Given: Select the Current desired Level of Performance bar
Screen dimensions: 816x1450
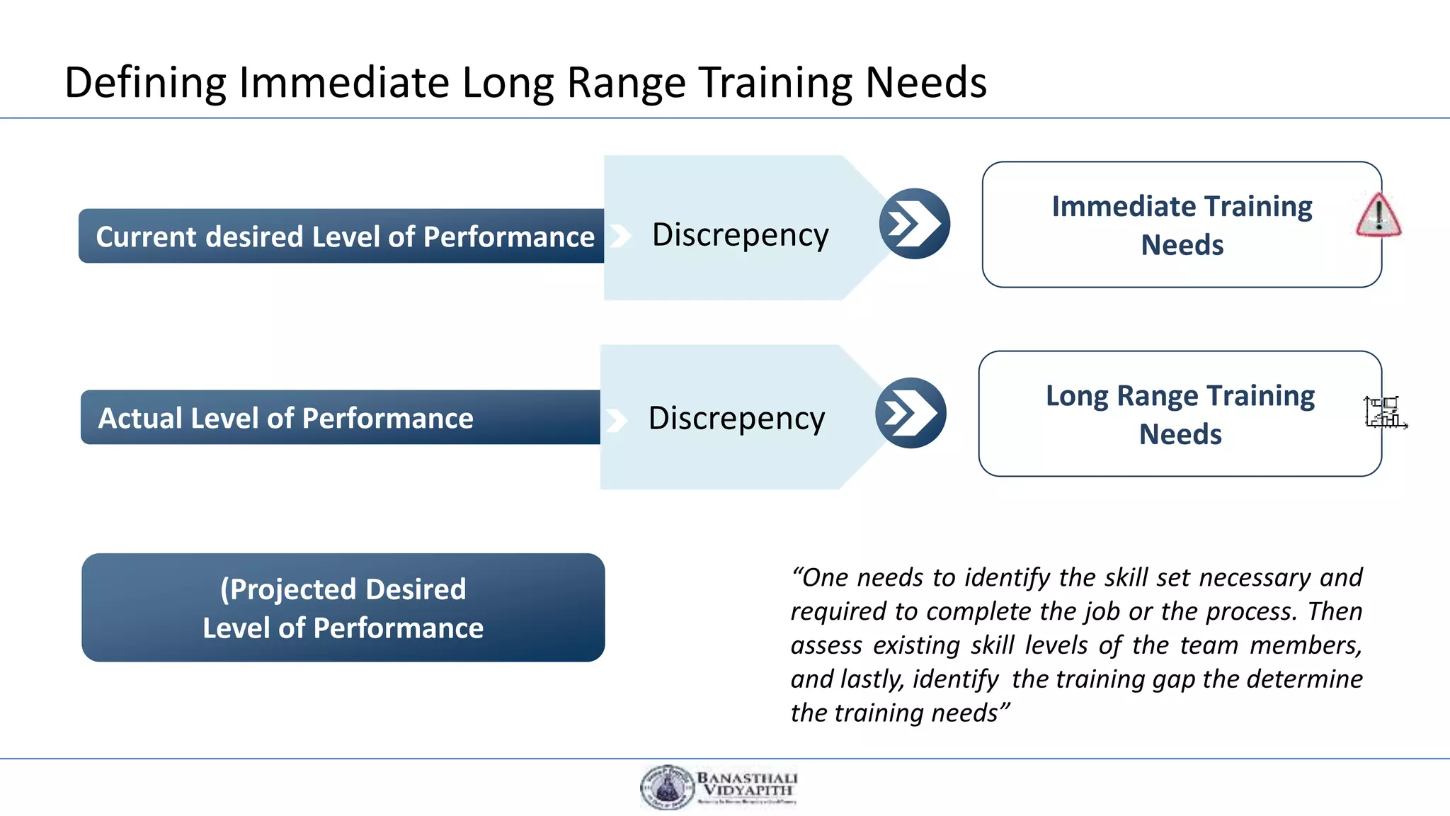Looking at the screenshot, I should coord(343,237).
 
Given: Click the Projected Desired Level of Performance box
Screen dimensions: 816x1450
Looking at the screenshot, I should coord(343,608).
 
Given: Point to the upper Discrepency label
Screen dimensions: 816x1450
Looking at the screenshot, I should coord(740,234).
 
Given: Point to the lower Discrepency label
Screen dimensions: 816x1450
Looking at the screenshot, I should coord(736,418).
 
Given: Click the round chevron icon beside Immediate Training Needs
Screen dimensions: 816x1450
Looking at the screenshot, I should coord(914,224).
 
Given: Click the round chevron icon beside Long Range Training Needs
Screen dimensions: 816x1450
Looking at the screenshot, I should coord(910,413).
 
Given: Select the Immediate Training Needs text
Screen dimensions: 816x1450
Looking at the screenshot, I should coord(1182,225).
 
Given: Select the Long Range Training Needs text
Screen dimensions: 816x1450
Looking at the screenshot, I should coord(1180,414).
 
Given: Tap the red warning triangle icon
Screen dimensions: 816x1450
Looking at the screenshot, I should coord(1378,215).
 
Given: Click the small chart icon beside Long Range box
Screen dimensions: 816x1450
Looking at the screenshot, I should coord(1384,412).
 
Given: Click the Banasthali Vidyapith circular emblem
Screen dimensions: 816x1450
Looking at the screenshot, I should coord(666,787).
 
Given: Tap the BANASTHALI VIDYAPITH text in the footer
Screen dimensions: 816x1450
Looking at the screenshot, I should coord(747,783).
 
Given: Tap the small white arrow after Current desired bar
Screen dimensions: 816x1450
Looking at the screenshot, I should coord(620,236).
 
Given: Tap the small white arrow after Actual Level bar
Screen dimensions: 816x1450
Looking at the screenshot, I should coord(617,420).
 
